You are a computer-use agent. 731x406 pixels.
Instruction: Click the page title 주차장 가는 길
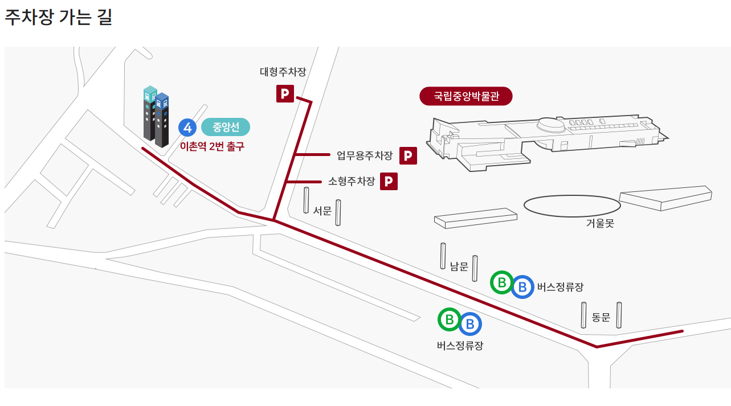[x=59, y=17]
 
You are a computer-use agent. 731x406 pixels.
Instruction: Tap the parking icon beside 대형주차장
[x=285, y=93]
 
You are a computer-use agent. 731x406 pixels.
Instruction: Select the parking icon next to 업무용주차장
[x=408, y=155]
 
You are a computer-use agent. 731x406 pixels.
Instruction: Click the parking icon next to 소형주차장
[x=389, y=181]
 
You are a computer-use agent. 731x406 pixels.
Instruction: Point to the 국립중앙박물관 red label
[x=466, y=96]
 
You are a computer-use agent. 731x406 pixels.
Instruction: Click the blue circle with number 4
[x=187, y=128]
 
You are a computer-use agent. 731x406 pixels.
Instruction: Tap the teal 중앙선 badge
[x=226, y=126]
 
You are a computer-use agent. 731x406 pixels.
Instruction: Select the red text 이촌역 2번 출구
[x=212, y=146]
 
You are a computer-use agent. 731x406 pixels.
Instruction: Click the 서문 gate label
[x=322, y=211]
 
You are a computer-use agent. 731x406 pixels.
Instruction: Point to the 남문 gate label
[x=459, y=266]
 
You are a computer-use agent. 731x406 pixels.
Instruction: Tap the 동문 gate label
[x=601, y=317]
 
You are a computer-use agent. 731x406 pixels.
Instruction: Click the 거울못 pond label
[x=600, y=223]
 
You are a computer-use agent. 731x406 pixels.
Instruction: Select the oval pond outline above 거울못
[x=572, y=206]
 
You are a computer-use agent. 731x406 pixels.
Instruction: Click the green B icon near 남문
[x=501, y=282]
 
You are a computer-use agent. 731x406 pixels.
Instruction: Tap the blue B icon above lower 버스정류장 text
[x=470, y=324]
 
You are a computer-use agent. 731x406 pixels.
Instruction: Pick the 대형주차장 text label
[x=283, y=72]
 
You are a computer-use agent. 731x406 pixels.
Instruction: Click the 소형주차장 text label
[x=352, y=182]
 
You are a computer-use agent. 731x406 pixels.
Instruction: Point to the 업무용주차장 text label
[x=365, y=155]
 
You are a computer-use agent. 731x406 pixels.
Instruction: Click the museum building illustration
[x=541, y=140]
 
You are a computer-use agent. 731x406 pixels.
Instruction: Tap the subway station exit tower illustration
[x=156, y=117]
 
